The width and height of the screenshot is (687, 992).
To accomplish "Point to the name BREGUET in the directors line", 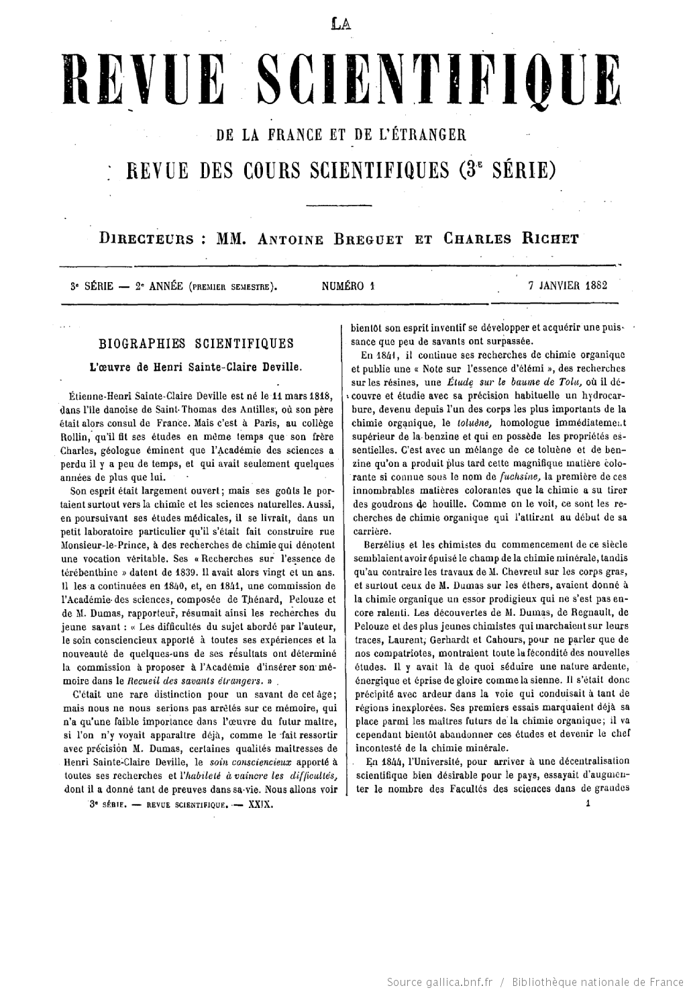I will (365, 240).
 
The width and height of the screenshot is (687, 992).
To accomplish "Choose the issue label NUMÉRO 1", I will (347, 285).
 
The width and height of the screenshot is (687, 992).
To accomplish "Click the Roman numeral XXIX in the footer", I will (260, 803).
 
